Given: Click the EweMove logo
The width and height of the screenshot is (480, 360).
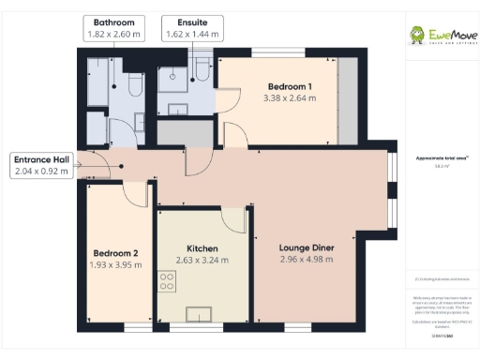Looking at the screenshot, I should click(439, 36).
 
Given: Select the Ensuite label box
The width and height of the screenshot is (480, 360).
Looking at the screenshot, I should click(191, 27).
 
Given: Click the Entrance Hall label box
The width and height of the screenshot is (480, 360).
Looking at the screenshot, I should click(41, 165).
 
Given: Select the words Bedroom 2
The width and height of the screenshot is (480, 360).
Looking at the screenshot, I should click(115, 253).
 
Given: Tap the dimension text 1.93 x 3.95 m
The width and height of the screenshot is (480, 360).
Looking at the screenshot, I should click(115, 264).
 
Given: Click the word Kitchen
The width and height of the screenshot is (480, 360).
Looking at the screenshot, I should click(202, 248).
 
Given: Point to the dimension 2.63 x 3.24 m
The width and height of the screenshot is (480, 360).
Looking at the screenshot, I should click(202, 260).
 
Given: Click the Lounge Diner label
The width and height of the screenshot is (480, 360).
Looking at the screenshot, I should click(307, 248).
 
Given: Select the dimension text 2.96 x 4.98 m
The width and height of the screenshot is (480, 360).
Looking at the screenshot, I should click(307, 260).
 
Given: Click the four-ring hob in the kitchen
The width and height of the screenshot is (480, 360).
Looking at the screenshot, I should click(168, 280).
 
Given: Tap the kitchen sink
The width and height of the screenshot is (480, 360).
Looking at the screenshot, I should click(202, 313).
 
